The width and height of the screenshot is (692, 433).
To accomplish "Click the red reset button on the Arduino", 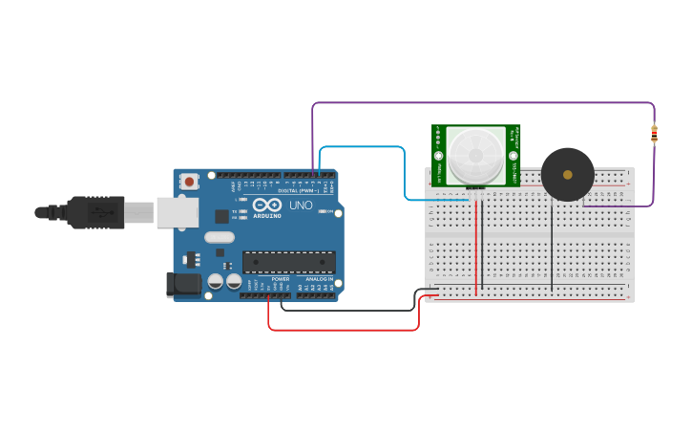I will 190,181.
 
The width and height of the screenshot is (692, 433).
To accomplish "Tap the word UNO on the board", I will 301,206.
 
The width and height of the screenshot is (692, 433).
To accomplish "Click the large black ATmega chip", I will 288,261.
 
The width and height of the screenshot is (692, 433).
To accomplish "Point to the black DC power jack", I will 180,284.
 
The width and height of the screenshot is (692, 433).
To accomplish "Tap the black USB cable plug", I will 95,212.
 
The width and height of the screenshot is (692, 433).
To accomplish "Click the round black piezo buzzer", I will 567,174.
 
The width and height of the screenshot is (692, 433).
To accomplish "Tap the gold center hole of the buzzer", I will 568,175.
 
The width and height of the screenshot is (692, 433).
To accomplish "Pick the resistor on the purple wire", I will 654,135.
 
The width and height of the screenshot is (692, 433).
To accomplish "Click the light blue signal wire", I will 363,147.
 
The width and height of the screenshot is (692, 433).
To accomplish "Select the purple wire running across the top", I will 477,103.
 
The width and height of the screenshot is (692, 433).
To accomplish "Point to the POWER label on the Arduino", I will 280,279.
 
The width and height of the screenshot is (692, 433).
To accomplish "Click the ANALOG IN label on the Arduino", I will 319,279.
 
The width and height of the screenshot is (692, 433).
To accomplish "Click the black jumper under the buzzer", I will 552,249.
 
